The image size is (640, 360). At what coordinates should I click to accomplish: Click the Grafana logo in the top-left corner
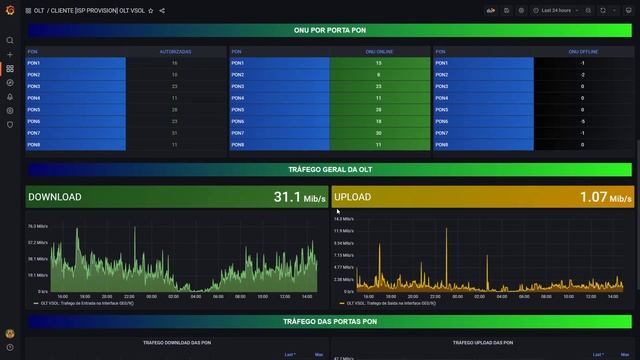pyautogui.click(x=10, y=10)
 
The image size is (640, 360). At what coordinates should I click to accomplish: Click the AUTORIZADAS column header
pyautogui.click(x=175, y=51)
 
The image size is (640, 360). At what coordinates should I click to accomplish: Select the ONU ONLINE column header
pyautogui.click(x=379, y=51)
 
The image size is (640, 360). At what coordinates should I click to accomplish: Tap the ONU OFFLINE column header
pyautogui.click(x=583, y=51)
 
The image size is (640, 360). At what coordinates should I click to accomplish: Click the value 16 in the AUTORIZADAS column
pyautogui.click(x=175, y=63)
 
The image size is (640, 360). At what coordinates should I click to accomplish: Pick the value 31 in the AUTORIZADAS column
pyautogui.click(x=175, y=133)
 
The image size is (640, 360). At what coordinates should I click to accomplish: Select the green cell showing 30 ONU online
pyautogui.click(x=379, y=133)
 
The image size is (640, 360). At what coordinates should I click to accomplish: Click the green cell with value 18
pyautogui.click(x=379, y=121)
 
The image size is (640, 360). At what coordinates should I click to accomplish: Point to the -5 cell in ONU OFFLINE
pyautogui.click(x=583, y=121)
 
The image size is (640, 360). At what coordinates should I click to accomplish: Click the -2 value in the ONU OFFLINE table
pyautogui.click(x=583, y=75)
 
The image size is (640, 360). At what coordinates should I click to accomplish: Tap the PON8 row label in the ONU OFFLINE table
pyautogui.click(x=442, y=145)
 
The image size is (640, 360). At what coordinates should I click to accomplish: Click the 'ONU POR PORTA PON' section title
pyautogui.click(x=330, y=30)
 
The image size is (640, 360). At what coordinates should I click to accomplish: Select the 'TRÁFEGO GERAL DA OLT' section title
pyautogui.click(x=330, y=170)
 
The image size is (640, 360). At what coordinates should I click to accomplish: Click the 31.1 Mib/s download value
pyautogui.click(x=298, y=198)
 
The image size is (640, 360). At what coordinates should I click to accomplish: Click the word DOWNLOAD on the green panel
pyautogui.click(x=55, y=198)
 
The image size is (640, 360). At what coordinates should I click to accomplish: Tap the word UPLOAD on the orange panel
pyautogui.click(x=353, y=198)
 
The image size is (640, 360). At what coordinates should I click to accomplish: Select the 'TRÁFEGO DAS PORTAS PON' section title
pyautogui.click(x=330, y=322)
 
